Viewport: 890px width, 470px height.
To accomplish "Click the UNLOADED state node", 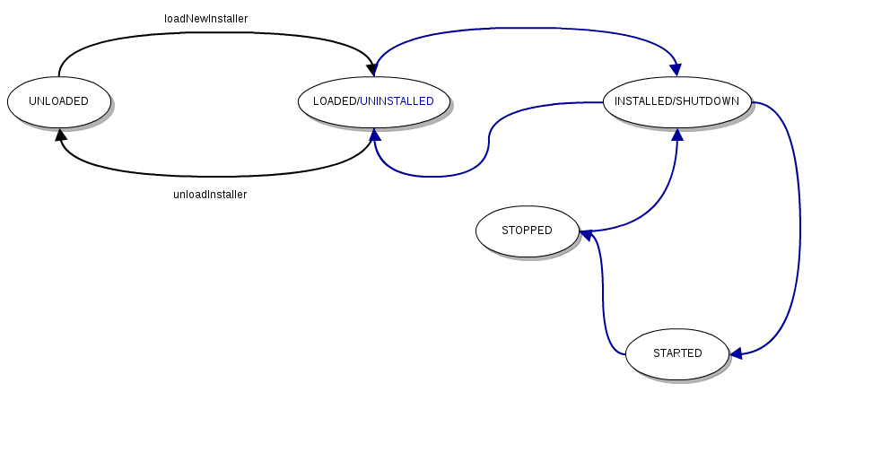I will coord(58,101).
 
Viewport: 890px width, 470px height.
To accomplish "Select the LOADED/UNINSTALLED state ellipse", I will coord(373,101).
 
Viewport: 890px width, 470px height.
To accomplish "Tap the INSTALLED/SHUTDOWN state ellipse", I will coord(676,101).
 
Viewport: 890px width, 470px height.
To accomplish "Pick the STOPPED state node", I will coord(527,231).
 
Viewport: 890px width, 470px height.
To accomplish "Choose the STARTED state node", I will coord(677,353).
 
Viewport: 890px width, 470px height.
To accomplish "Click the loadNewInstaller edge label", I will coord(205,19).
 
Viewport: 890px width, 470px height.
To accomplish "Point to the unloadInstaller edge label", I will coord(209,195).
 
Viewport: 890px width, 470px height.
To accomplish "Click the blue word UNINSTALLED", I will coord(397,101).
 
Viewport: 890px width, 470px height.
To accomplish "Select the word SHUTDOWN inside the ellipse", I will coord(708,101).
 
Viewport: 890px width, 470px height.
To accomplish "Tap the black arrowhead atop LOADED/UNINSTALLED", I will coord(371,70).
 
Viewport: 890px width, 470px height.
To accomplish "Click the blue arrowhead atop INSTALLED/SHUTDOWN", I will coord(676,70).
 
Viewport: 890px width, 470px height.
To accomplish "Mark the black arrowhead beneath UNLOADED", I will coord(60,135).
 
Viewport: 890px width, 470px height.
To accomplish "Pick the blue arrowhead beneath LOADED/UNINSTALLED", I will coord(375,135).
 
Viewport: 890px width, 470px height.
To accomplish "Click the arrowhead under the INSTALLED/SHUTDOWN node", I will coord(676,135).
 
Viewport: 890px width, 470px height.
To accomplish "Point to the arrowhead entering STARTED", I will coord(736,353).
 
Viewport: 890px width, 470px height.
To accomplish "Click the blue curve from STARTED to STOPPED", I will coord(603,296).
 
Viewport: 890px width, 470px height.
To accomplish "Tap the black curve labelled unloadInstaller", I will coord(215,176).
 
